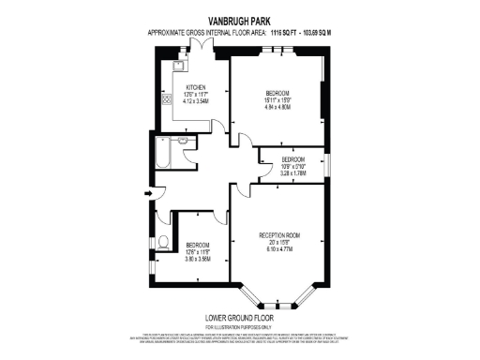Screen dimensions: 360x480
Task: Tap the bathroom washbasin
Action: coord(186,142)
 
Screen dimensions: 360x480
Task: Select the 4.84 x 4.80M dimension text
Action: coord(277,107)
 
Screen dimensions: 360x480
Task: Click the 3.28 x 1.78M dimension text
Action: coord(293,172)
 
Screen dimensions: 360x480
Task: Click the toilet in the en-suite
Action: coord(164,243)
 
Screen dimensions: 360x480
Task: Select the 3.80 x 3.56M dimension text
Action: coord(197,259)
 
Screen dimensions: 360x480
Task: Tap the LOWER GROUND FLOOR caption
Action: coord(239,317)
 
